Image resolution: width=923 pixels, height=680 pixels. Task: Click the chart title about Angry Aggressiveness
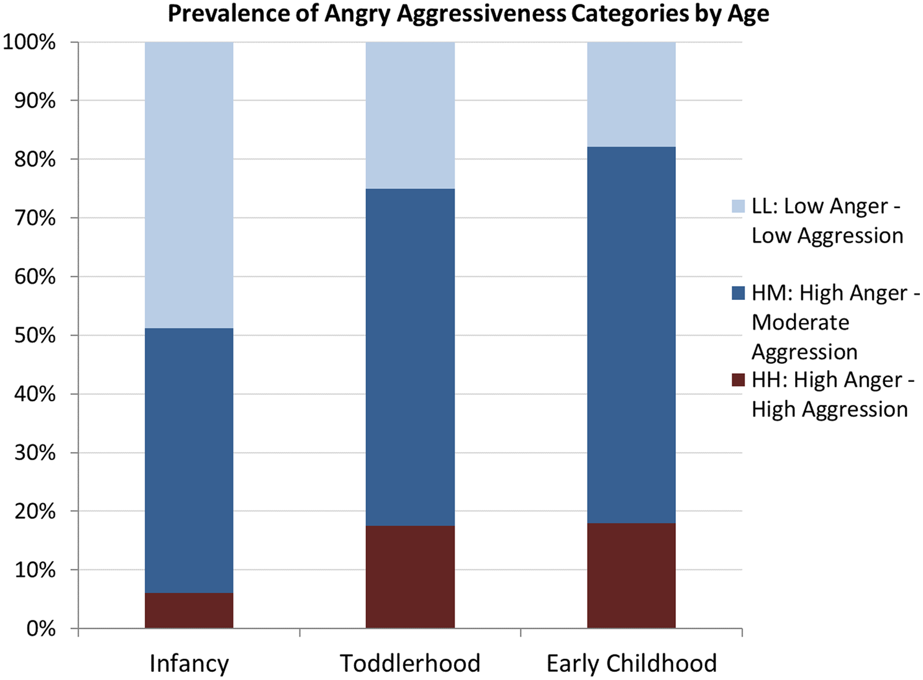coord(468,14)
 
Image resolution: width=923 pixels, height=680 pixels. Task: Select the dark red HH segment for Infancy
coord(189,610)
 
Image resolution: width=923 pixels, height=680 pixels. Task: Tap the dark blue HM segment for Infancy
coord(189,460)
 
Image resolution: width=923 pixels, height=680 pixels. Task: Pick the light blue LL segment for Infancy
coord(189,185)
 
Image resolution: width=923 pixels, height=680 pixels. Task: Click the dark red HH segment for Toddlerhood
coord(410,577)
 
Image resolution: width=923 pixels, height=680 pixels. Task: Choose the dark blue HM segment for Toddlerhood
coord(410,357)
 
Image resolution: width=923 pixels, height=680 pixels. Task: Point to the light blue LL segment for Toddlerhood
coord(410,115)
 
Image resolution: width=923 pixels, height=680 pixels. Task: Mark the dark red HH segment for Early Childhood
coord(631,576)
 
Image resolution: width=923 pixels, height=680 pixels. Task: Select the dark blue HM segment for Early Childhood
coord(631,335)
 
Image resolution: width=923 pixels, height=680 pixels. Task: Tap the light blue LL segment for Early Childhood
coord(631,94)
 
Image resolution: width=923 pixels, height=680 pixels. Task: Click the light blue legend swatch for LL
coord(738,206)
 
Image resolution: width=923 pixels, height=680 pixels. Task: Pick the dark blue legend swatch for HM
coord(738,293)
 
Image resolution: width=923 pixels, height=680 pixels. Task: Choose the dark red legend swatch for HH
coord(738,380)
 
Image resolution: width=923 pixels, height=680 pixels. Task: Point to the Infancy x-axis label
coord(189,663)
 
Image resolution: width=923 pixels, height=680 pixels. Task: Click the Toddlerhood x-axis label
coord(410,663)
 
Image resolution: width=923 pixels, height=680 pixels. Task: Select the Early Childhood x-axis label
coord(631,663)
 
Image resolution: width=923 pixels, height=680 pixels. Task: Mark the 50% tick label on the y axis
coord(35,335)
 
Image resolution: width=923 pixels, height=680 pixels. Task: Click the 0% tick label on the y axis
coord(41,628)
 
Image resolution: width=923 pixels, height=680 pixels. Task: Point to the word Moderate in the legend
coord(800,322)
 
